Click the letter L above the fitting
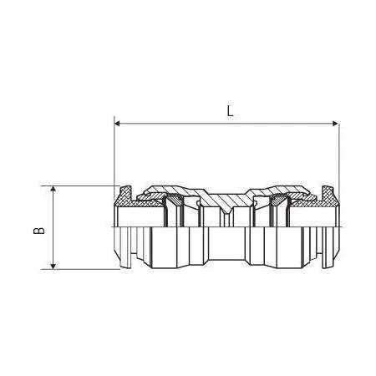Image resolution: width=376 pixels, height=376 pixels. click(230, 111)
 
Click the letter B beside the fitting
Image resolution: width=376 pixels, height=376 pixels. click(39, 231)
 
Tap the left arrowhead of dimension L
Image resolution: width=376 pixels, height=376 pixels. click(117, 124)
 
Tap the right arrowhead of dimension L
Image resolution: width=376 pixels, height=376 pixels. click(335, 124)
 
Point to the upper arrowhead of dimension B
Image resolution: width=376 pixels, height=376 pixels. click(53, 190)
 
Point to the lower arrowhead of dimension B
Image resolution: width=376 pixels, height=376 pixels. click(53, 266)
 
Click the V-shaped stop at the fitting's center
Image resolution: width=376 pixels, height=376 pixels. click(226, 211)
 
